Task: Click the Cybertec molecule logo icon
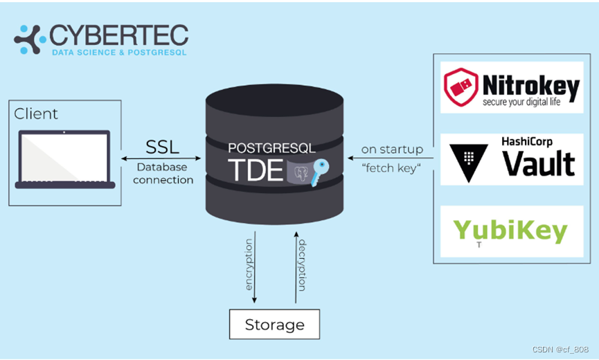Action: (30, 39)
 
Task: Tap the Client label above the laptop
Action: (36, 114)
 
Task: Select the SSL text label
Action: (162, 146)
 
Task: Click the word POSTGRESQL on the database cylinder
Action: (271, 148)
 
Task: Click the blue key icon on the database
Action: (319, 170)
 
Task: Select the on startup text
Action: (392, 150)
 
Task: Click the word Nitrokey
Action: (530, 87)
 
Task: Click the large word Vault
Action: (538, 163)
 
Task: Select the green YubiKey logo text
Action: (510, 231)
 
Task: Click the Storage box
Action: (275, 324)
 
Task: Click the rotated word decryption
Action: (302, 264)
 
